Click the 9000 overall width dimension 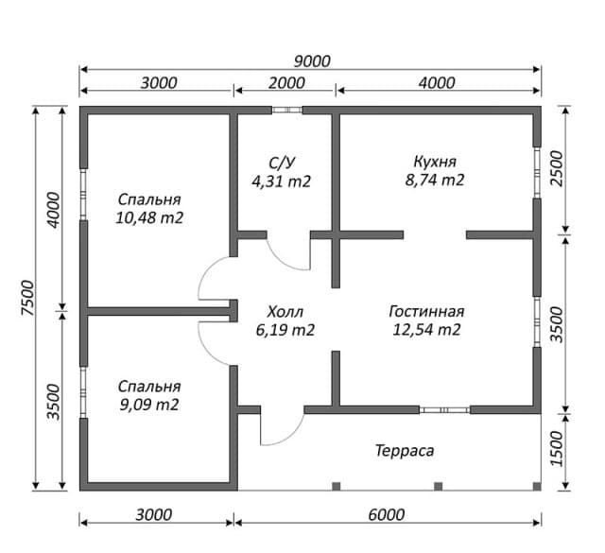click(x=312, y=61)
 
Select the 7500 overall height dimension click(x=28, y=298)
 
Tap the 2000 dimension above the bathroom click(x=286, y=82)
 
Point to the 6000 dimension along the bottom click(x=387, y=514)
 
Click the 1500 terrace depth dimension click(x=557, y=449)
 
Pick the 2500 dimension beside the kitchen click(x=557, y=168)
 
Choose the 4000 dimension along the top click(x=437, y=82)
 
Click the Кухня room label click(x=435, y=162)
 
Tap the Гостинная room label click(x=426, y=311)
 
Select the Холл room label click(x=285, y=311)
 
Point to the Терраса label click(x=405, y=450)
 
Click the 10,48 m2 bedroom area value click(x=149, y=218)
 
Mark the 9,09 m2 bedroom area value click(x=149, y=405)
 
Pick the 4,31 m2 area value click(x=282, y=181)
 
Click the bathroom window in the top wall click(x=287, y=110)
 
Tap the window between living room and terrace click(x=444, y=410)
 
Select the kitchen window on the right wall click(x=537, y=172)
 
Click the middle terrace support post click(x=438, y=486)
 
